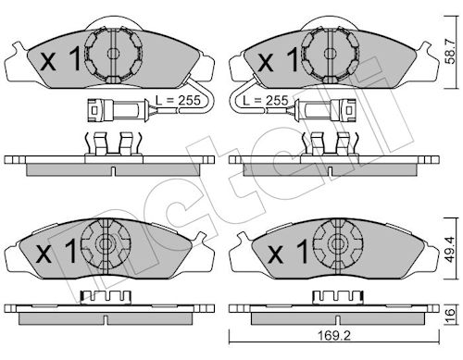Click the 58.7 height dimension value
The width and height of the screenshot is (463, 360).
(x=451, y=52)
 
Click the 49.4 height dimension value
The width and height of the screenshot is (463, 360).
(x=451, y=249)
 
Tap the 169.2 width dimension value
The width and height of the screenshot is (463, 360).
(x=334, y=336)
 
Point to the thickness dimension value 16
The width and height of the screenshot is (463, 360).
(x=451, y=314)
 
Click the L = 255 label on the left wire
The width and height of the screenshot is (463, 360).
(x=178, y=100)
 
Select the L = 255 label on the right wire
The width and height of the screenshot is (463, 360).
(x=266, y=100)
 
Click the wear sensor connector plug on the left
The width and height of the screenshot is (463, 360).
(x=119, y=109)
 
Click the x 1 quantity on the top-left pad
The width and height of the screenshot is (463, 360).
(x=61, y=59)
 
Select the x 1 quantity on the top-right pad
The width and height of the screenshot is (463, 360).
(x=278, y=59)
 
